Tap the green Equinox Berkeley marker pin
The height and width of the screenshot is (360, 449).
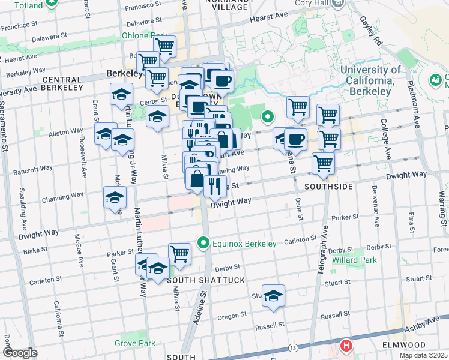203,244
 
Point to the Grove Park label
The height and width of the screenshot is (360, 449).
135,344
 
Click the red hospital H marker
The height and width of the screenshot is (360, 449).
346,346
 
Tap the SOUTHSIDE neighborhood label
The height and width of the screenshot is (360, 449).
328,187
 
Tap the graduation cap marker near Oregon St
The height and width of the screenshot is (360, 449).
273,296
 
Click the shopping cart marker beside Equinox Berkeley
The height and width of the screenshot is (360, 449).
179,253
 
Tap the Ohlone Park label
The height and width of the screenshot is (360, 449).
144,35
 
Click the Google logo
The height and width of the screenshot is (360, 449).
20,353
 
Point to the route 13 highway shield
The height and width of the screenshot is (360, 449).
293,348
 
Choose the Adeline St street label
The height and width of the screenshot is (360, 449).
200,307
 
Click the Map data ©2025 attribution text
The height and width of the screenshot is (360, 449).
423,355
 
